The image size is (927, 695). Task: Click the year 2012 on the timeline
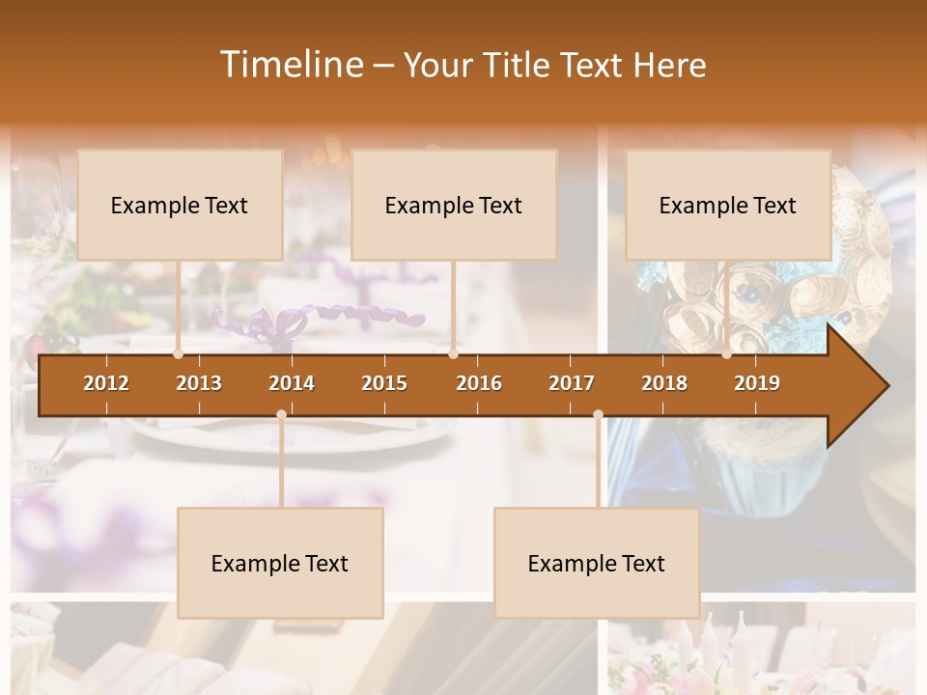tap(106, 383)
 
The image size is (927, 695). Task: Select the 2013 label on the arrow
tap(199, 383)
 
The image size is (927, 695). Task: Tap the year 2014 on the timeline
tap(292, 383)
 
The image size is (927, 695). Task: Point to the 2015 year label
tap(384, 383)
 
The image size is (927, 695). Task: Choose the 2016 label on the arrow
tap(479, 383)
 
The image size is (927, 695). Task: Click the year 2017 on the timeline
tap(572, 383)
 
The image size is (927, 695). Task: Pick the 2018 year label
tap(664, 383)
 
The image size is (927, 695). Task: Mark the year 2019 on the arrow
tap(757, 383)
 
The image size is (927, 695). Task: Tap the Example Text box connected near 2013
tap(180, 205)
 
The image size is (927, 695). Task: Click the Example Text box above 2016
tap(454, 205)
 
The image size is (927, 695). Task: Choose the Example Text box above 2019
tap(728, 205)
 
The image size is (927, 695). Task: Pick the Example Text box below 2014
tap(280, 563)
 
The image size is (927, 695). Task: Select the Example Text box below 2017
tap(597, 563)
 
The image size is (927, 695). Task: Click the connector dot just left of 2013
tap(178, 354)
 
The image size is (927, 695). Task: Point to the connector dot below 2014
tap(281, 415)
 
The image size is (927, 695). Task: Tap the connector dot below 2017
tap(598, 415)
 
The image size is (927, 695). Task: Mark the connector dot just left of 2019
tap(727, 354)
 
